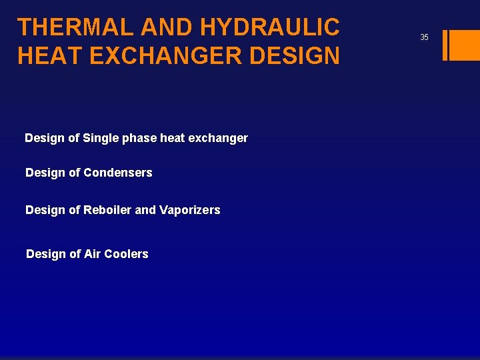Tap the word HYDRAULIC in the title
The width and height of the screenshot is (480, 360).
pyautogui.click(x=270, y=27)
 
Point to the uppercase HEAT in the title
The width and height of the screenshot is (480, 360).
pyautogui.click(x=49, y=55)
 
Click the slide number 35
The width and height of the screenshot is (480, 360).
pyautogui.click(x=424, y=37)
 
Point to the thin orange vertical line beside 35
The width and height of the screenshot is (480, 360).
pyautogui.click(x=445, y=45)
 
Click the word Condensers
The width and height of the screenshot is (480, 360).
pyautogui.click(x=118, y=173)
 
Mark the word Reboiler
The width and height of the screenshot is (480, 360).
pyautogui.click(x=107, y=210)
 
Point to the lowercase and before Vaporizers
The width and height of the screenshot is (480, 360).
pyautogui.click(x=145, y=210)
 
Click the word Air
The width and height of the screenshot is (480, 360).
pyautogui.click(x=93, y=254)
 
